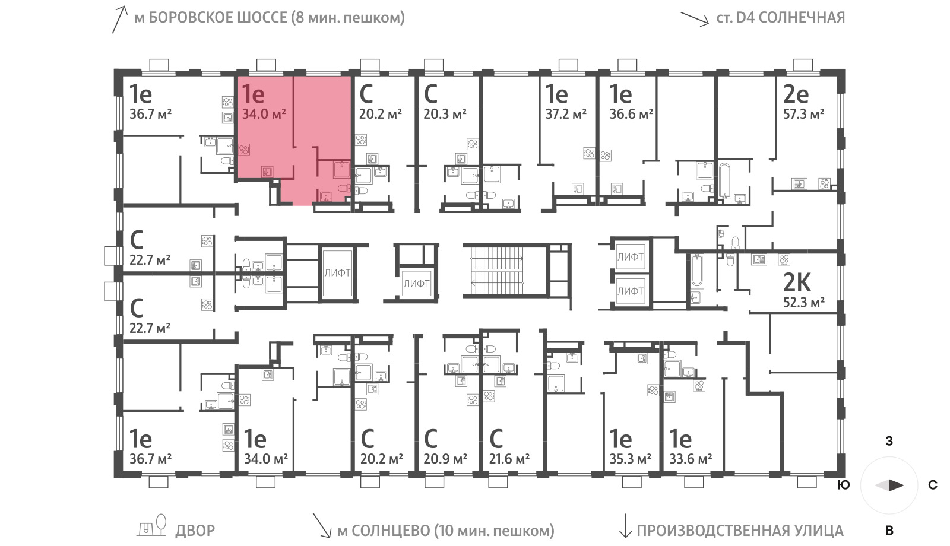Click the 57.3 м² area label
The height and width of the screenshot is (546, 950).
[804, 114]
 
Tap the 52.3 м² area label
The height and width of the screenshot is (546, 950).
[804, 302]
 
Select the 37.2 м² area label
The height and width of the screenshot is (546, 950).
[566, 114]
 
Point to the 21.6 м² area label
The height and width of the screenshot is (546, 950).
[509, 459]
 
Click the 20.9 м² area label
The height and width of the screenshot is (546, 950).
[445, 459]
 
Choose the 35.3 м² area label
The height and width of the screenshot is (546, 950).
[630, 459]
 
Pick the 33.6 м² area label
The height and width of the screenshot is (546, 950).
[691, 459]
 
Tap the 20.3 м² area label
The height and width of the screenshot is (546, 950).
[445, 114]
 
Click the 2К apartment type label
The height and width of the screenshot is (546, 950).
[797, 282]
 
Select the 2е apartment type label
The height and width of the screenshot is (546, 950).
[796, 94]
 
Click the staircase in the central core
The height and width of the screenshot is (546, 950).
[496, 270]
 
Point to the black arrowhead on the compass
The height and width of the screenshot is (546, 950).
[897, 485]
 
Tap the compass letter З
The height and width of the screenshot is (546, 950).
[889, 442]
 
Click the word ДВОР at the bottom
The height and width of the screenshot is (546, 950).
[195, 531]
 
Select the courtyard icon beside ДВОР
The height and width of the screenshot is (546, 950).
[151, 526]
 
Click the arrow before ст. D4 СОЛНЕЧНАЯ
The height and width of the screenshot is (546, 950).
[695, 19]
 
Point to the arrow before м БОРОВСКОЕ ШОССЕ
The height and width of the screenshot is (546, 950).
[119, 20]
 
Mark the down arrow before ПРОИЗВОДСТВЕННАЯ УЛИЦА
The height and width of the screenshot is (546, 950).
[625, 526]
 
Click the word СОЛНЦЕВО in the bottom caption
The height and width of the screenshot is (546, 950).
[390, 531]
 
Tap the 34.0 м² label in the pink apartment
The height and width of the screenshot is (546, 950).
[264, 114]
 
